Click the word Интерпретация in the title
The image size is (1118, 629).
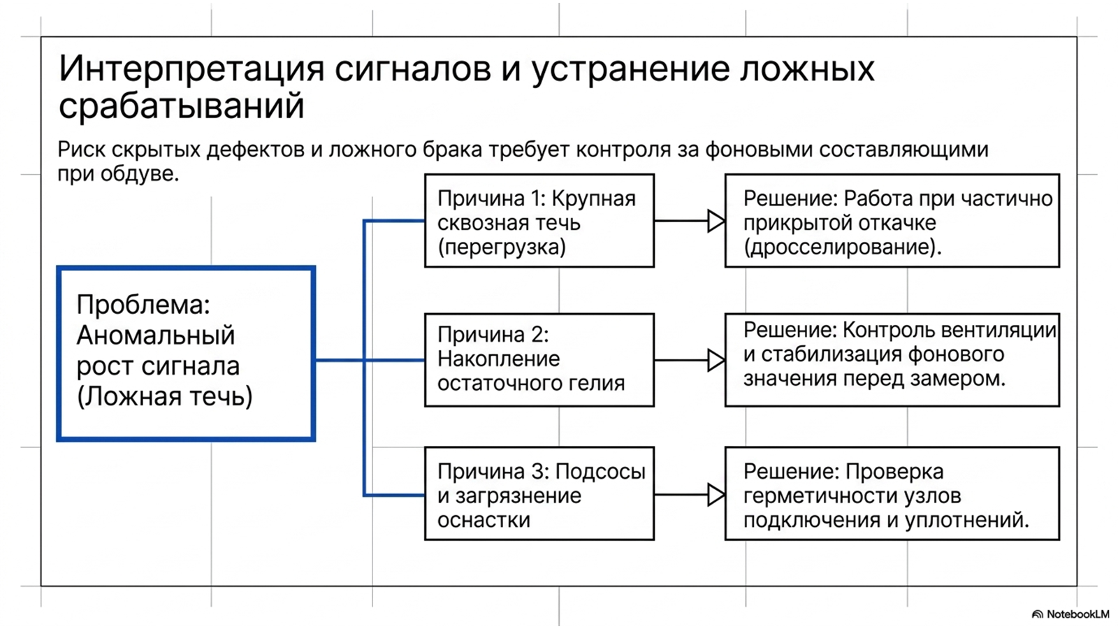(x=191, y=69)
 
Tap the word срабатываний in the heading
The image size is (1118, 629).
(x=182, y=106)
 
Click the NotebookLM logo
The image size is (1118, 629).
(x=1070, y=614)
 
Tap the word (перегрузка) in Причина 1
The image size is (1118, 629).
(x=502, y=247)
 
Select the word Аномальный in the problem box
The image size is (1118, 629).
(x=156, y=335)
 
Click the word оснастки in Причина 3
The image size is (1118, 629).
(x=484, y=520)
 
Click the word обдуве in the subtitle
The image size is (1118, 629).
(x=139, y=174)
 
